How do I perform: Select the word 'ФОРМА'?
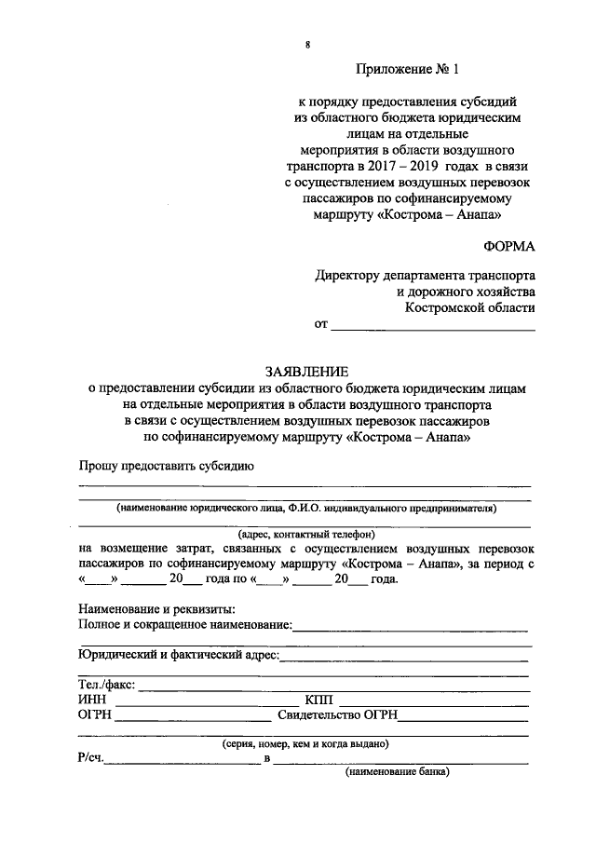coord(509,247)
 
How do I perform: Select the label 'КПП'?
coord(318,700)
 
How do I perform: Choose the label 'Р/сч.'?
coord(91,759)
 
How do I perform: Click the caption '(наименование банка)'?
coord(398,772)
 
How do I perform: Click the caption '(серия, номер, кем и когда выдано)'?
coord(305,743)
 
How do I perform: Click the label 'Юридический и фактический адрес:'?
coord(178,655)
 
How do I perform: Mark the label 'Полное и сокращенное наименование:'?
coord(186,624)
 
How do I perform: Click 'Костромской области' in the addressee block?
coord(470,307)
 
